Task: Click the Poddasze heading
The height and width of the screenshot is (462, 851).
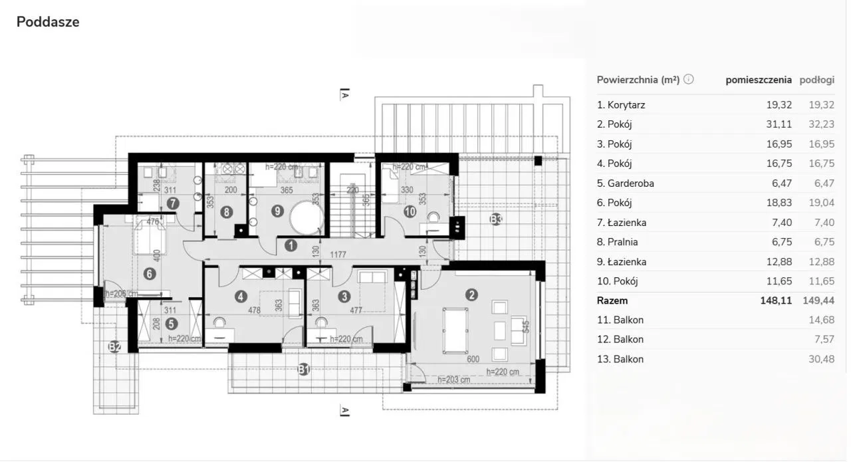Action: coord(48,22)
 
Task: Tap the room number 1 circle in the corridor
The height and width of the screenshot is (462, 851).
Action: coord(291,246)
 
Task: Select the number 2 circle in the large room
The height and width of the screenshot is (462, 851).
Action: coord(471,295)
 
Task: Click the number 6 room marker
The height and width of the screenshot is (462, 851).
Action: coord(150,274)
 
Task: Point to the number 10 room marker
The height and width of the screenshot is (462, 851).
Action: coord(410,211)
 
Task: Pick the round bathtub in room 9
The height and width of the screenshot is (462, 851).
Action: coord(306,218)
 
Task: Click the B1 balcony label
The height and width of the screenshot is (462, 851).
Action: coord(304,370)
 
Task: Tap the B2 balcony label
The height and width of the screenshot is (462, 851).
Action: coord(115,346)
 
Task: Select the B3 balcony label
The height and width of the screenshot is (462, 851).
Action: coord(496,219)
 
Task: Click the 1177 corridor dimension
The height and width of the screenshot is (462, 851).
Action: coord(338,255)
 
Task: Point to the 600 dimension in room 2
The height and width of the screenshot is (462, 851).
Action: coord(473,359)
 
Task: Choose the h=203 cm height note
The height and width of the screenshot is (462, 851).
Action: coord(453,379)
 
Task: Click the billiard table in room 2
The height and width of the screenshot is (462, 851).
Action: coord(455,330)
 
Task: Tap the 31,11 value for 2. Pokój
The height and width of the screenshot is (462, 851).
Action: coord(779,124)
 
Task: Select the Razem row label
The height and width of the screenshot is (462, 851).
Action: coord(612,300)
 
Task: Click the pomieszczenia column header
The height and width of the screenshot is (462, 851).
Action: coord(759,80)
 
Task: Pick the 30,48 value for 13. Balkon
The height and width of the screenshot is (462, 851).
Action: coord(821,359)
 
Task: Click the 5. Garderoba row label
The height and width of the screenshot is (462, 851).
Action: coord(626,183)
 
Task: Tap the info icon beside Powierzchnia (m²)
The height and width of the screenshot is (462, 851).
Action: coord(688,79)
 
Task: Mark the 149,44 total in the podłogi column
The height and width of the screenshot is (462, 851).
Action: coord(818,300)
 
